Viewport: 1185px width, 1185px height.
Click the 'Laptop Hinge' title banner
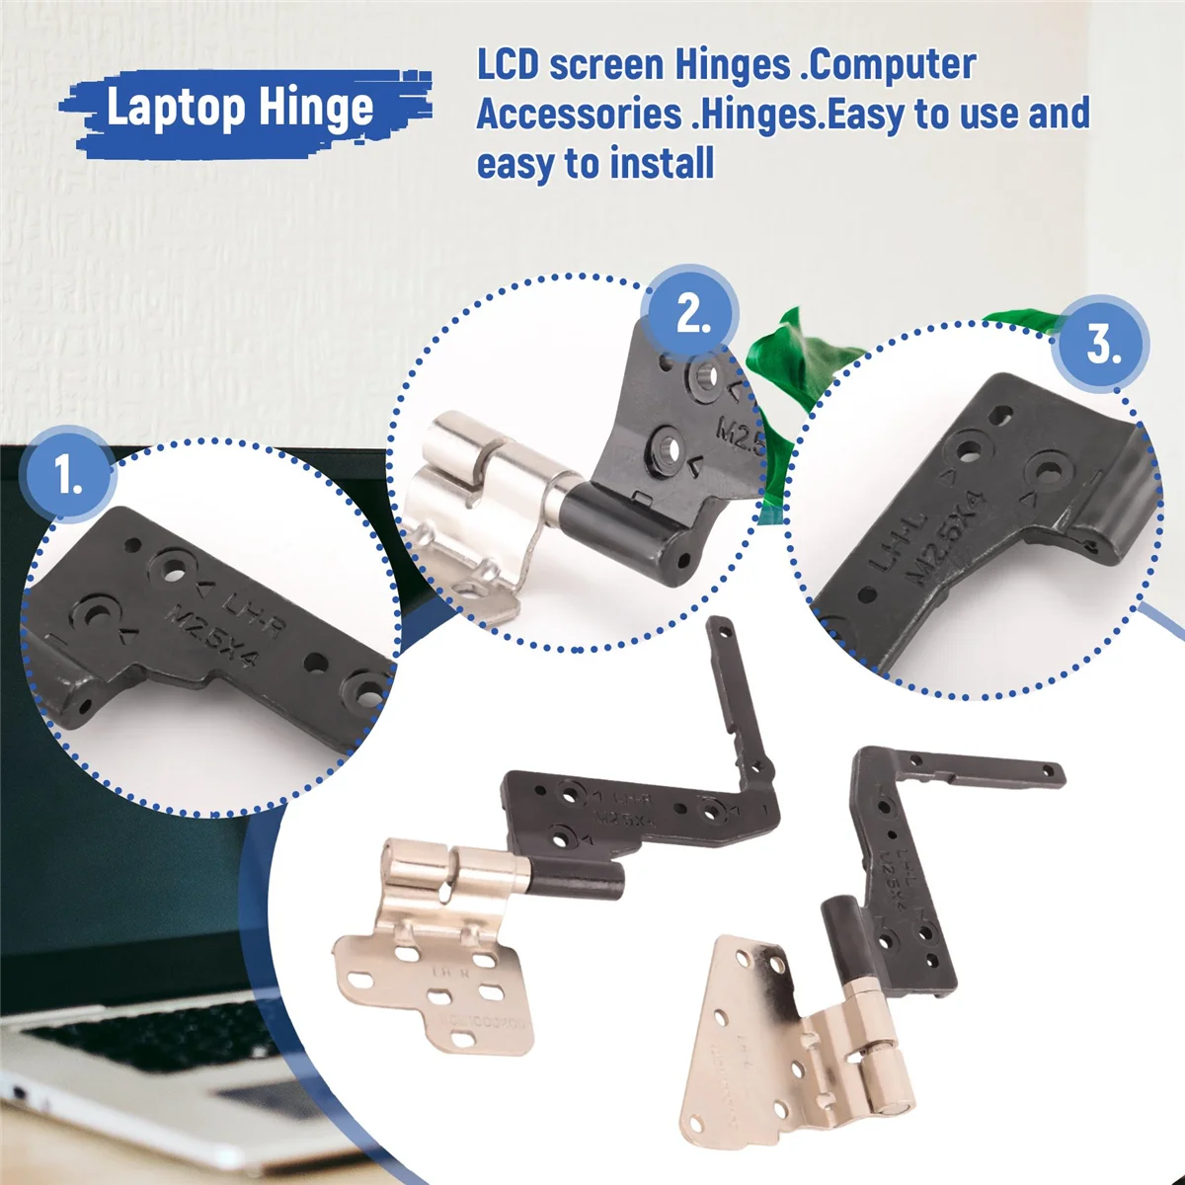tap(240, 107)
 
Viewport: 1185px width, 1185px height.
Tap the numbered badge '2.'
tap(692, 314)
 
